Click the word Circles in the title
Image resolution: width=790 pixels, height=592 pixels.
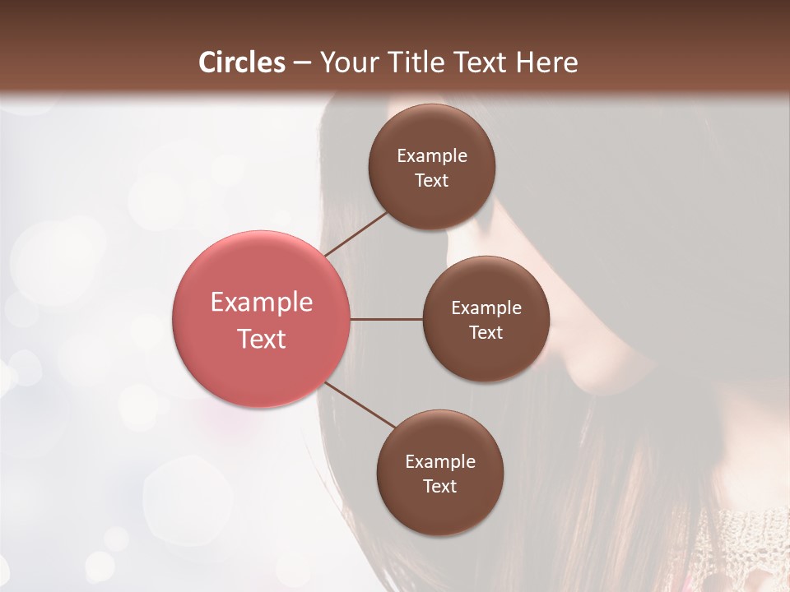tap(242, 62)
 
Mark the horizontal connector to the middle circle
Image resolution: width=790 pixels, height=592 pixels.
tap(387, 319)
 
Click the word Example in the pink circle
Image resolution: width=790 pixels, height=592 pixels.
tap(262, 303)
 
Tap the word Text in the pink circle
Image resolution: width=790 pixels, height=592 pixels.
tap(262, 339)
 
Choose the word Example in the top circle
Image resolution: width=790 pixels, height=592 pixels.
tap(432, 156)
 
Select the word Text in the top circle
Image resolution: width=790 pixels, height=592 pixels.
tap(432, 181)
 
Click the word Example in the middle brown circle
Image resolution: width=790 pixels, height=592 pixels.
tap(486, 308)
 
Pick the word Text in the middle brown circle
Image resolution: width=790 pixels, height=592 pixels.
tap(486, 332)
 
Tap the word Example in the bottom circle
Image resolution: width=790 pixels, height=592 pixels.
tap(440, 462)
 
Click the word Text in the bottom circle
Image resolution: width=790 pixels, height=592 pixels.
tap(440, 486)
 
